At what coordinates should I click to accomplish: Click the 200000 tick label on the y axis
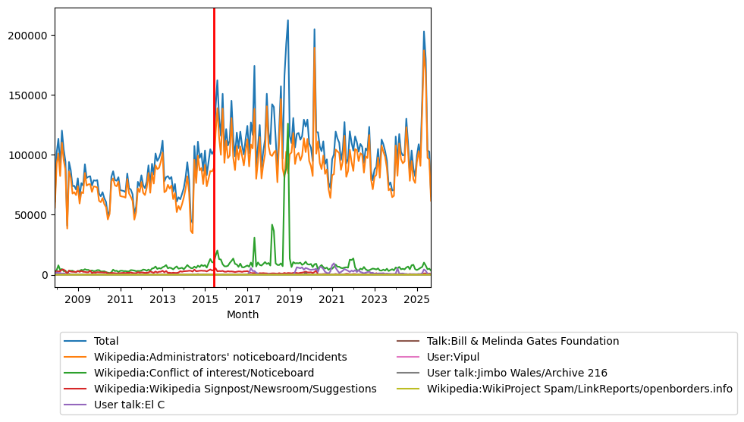tap(27, 36)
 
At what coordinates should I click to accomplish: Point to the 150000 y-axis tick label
tap(27, 95)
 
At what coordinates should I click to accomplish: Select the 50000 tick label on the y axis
tap(30, 215)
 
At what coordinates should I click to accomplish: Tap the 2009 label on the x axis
tap(78, 300)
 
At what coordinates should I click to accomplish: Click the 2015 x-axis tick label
tap(205, 300)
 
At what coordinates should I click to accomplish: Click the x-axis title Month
tap(243, 314)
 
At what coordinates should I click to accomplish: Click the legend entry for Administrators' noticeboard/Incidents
tap(220, 358)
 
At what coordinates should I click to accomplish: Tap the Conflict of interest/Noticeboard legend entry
tap(203, 373)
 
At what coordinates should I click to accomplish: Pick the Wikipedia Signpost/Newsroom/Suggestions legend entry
tap(235, 389)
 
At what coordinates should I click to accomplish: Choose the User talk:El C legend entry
tap(129, 405)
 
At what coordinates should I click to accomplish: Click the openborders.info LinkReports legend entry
tap(579, 389)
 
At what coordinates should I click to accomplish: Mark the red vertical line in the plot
tap(214, 152)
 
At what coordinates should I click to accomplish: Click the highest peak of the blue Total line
tap(287, 20)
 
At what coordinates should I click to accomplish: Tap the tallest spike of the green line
tap(288, 123)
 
